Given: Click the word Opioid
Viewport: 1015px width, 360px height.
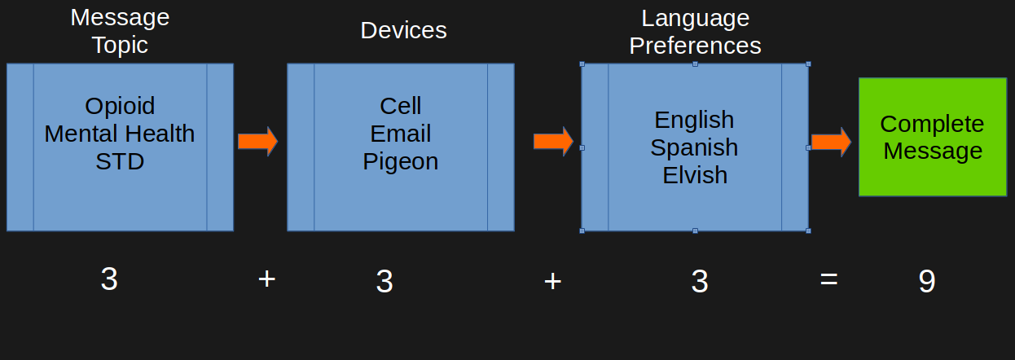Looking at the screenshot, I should click(x=120, y=106).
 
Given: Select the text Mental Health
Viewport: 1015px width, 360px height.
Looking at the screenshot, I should click(x=120, y=134).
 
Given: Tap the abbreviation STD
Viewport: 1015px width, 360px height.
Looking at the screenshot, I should click(x=120, y=161).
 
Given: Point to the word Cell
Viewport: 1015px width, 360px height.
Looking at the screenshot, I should click(x=401, y=106).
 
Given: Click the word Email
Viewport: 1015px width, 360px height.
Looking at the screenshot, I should click(x=401, y=134).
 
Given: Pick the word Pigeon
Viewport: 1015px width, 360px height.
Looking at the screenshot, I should click(x=401, y=161).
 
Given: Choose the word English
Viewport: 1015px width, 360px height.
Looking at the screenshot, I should click(x=694, y=120).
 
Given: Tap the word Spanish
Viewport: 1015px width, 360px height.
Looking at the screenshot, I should click(x=694, y=147).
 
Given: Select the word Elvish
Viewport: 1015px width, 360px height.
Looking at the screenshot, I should click(x=694, y=175).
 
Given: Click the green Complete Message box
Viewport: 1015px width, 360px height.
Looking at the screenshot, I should click(x=932, y=137).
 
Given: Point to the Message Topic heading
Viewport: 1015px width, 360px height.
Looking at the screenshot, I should click(x=120, y=31).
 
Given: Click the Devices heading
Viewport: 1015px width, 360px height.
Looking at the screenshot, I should click(x=403, y=31).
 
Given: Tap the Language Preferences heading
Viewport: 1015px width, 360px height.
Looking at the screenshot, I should click(x=695, y=32).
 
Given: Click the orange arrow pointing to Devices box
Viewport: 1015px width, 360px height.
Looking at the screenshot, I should click(x=257, y=142).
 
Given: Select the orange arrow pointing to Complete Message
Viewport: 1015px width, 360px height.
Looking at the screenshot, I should click(x=831, y=142).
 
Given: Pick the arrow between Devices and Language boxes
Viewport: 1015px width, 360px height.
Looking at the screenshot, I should click(x=553, y=142).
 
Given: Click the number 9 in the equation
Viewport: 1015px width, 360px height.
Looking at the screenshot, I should click(x=927, y=282).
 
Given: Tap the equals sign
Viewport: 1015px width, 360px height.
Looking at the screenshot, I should click(x=828, y=280).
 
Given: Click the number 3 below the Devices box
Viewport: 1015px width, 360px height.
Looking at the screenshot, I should click(x=384, y=282).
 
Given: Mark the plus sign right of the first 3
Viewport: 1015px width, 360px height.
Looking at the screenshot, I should click(x=266, y=279).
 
